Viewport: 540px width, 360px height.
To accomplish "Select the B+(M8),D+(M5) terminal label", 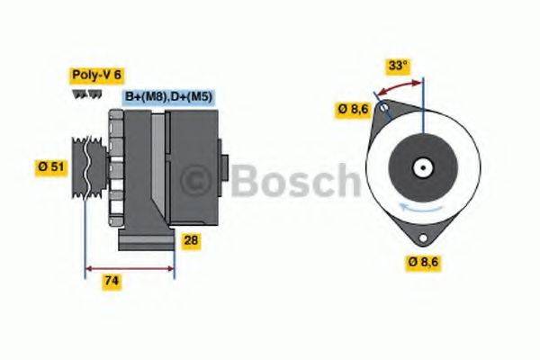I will pos(167,97).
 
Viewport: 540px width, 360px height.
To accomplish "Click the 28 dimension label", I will pos(191,241).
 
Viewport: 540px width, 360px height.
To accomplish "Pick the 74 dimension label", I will pos(112,281).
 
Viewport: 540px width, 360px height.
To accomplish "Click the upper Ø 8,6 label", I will pos(352,110).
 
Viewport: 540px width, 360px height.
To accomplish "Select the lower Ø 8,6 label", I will pos(422,263).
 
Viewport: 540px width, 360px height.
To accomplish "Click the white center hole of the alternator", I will pos(420,167).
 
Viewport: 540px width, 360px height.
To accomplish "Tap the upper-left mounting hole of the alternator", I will pos(384,112).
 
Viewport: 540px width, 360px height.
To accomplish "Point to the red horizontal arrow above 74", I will pos(129,268).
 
